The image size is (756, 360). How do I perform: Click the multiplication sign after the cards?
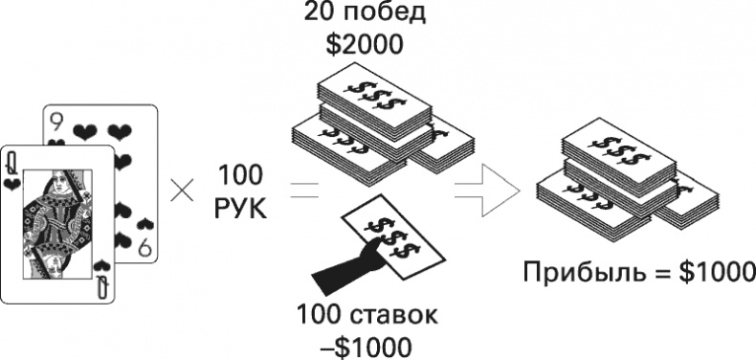182,191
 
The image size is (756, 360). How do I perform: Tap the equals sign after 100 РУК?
303,191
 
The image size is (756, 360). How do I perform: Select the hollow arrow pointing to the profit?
487,190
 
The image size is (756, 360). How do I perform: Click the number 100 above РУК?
240,175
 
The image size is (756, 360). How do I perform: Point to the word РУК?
240,209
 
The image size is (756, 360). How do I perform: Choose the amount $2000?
364,45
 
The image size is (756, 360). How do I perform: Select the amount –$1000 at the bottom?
366,347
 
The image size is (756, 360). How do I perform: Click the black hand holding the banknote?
347,266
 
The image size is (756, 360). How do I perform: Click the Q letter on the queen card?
10,164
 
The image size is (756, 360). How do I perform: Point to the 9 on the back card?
56,124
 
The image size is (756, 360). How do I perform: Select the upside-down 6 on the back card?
145,248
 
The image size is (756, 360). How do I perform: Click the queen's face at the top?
56,185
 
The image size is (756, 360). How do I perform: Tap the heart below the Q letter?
10,184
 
